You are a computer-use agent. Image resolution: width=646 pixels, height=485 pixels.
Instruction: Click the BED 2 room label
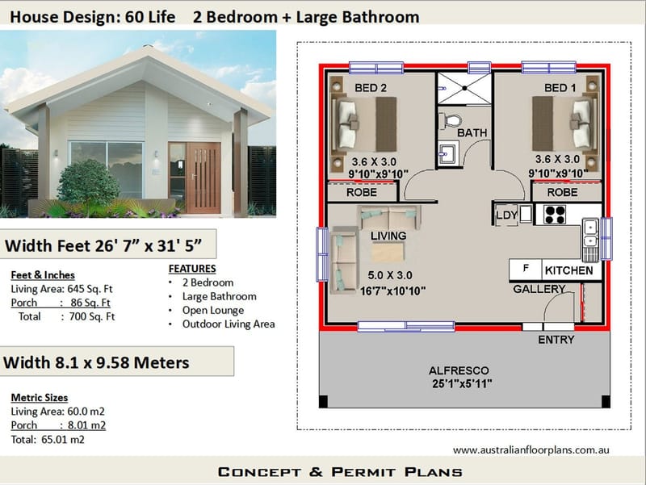tap(371, 87)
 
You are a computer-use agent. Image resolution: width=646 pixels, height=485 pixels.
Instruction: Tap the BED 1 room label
tap(560, 87)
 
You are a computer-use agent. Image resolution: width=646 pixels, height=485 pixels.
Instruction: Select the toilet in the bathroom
tap(450, 120)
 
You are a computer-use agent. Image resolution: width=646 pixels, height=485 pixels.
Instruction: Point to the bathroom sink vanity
tap(448, 152)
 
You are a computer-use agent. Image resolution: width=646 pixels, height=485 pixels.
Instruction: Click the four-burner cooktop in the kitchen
tap(556, 214)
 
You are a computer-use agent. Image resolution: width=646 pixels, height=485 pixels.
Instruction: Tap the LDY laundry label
tap(506, 215)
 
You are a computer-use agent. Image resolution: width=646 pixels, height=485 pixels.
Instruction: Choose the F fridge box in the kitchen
tap(526, 269)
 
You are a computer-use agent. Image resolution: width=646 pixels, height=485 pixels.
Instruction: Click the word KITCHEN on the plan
tap(568, 270)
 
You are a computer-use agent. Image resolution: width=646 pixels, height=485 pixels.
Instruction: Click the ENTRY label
tap(556, 340)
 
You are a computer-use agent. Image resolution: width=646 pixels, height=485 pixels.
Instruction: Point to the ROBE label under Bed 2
tap(361, 194)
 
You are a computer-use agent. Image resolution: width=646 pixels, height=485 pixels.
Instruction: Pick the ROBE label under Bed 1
tap(562, 194)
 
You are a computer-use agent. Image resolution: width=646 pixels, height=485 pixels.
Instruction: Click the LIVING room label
tap(388, 236)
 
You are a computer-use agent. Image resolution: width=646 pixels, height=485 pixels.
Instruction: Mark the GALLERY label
tap(539, 289)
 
